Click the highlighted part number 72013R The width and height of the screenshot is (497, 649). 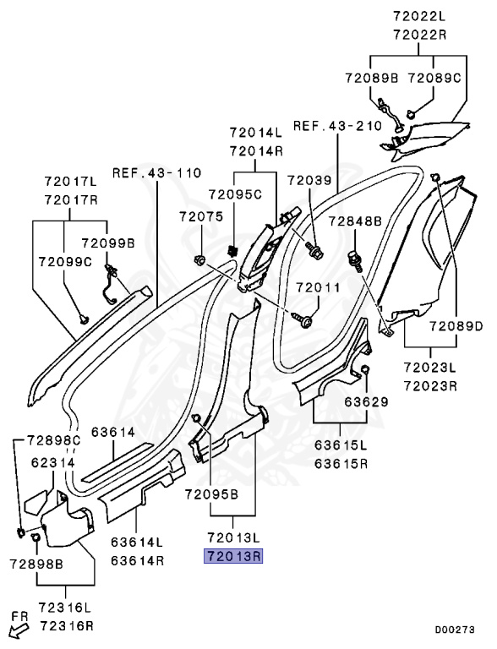233,556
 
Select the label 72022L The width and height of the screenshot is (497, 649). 419,16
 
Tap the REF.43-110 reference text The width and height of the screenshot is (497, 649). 157,172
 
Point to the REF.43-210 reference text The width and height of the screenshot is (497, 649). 337,125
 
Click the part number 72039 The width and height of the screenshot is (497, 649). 310,181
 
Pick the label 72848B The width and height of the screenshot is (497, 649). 355,221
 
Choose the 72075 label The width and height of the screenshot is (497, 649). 201,216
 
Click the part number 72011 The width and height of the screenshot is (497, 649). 318,287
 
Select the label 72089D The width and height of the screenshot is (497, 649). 456,326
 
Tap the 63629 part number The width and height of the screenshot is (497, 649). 367,402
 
